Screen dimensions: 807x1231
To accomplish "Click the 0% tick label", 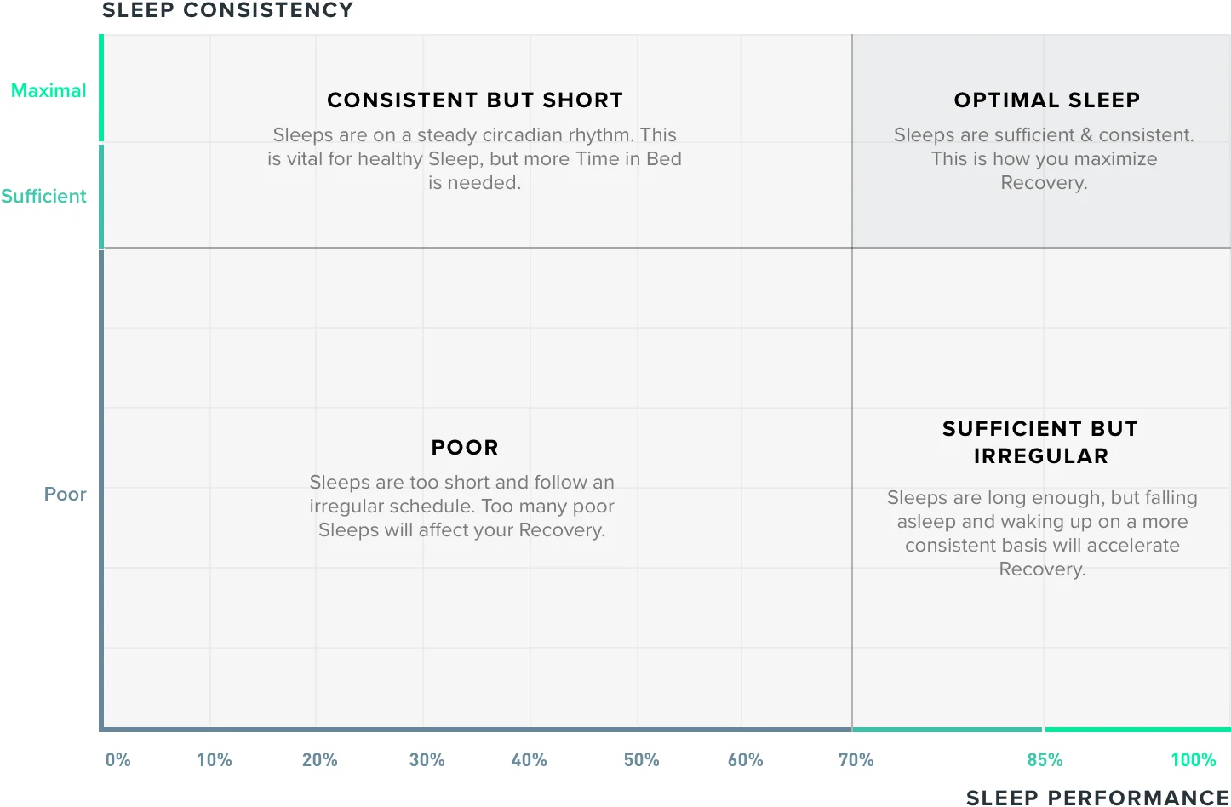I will coord(118,760).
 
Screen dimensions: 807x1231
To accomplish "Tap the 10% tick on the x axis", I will coord(215,760).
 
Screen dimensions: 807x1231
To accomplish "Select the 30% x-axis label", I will coord(427,760).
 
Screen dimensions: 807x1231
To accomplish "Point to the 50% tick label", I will coord(642,760).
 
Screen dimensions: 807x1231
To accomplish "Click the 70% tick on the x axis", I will coord(856,760).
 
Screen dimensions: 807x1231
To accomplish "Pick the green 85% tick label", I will coord(1045,760).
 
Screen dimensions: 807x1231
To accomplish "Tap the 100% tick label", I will coord(1194,760).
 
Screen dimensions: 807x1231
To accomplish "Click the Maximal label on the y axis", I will coord(49,91).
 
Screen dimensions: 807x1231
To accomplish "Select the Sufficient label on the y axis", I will coord(43,197).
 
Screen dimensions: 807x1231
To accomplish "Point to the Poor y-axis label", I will coord(66,495).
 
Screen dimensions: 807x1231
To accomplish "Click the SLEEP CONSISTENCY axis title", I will coord(227,11).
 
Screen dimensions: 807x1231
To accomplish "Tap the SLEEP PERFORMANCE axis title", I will coord(1097,798).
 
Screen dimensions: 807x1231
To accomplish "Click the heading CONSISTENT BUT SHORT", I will coord(475,100).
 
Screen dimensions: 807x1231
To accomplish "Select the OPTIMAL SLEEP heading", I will coord(1047,100).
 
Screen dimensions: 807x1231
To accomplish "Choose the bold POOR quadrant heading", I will coord(465,448).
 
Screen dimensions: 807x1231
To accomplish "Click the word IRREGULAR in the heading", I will coord(1041,456).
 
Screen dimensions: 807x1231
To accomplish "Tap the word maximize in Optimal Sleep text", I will coord(1114,159).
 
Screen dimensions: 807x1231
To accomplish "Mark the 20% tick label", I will coord(320,760).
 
